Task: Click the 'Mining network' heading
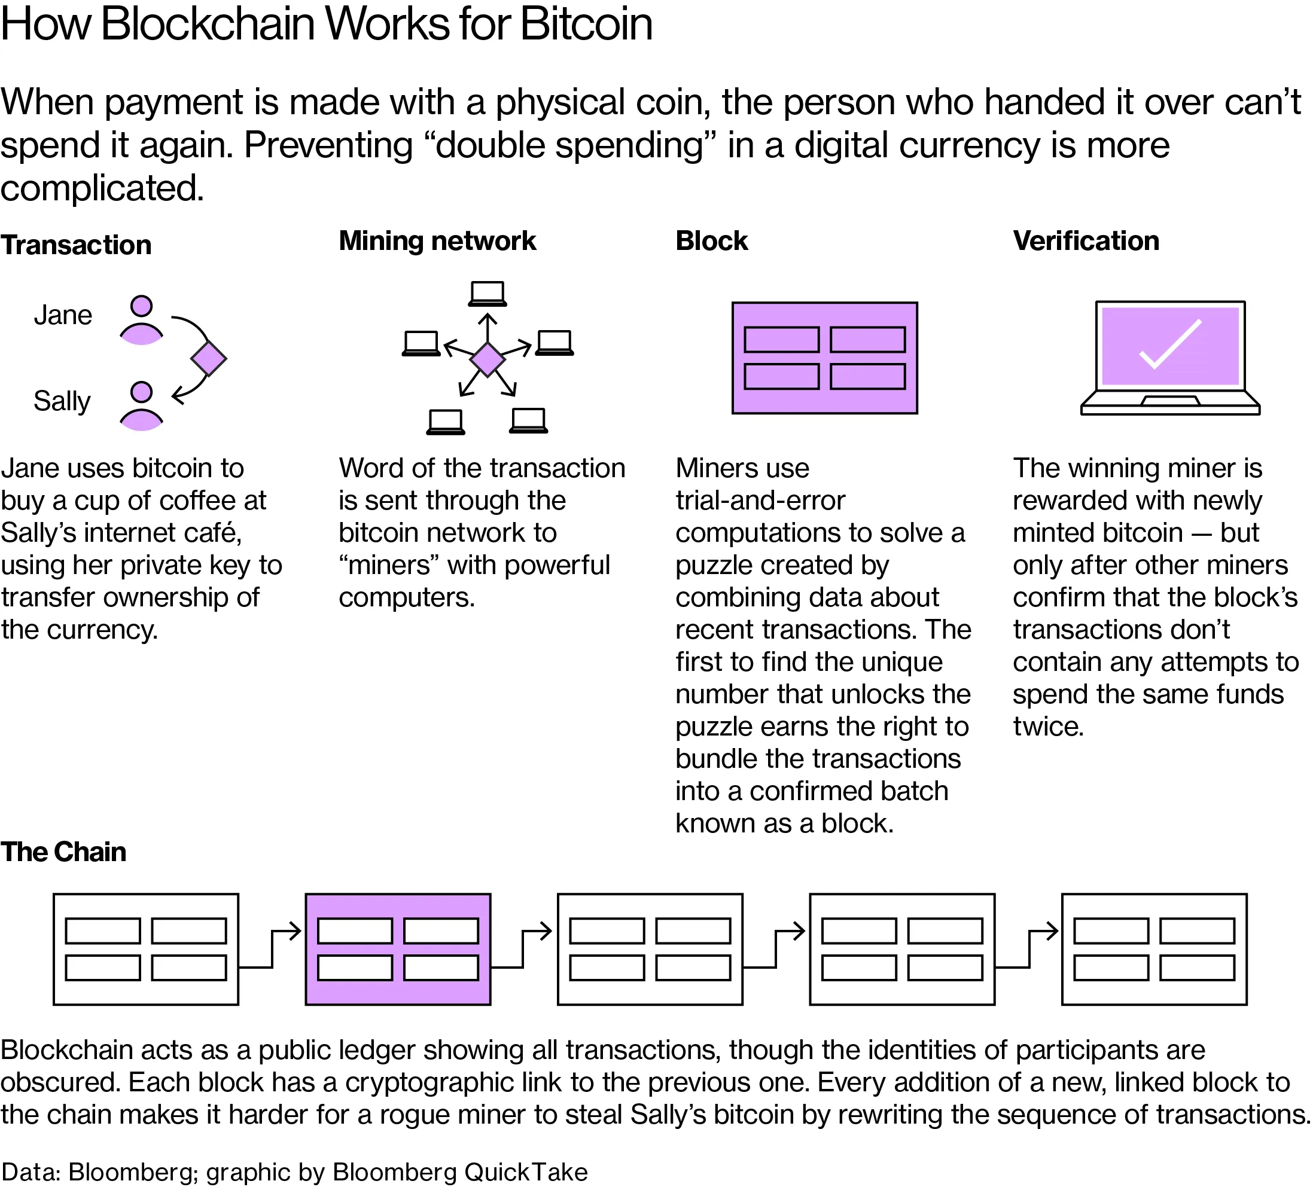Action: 437,242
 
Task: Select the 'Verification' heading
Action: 1085,242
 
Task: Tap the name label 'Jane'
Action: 63,316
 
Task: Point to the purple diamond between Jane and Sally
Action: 208,359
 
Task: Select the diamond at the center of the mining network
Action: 488,359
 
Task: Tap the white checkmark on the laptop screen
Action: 1170,344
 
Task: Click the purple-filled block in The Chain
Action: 397,949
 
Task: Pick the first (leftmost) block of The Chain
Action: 145,949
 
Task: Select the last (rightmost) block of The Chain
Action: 1153,949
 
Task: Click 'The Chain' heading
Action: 63,852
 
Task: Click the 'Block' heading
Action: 711,242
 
